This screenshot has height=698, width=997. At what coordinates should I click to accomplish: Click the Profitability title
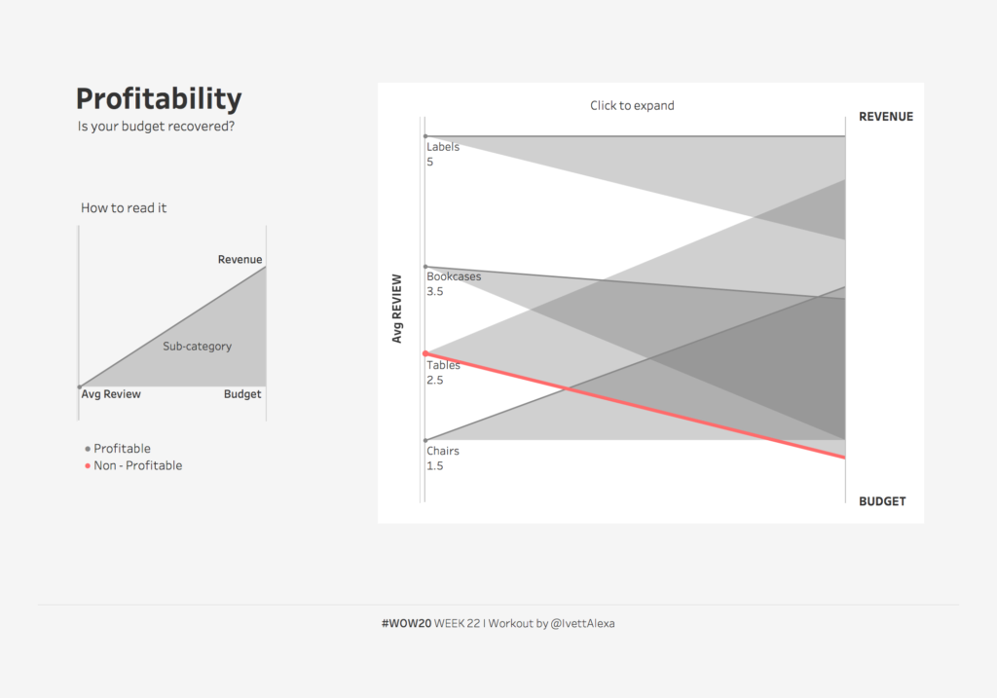(x=159, y=99)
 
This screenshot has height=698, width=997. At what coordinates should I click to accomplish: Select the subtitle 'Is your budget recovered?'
(x=156, y=126)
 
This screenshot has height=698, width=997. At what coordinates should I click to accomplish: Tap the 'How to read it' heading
(x=124, y=207)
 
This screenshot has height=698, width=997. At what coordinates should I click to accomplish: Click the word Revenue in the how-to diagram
(x=240, y=259)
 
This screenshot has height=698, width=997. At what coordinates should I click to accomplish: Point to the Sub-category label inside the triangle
(x=197, y=346)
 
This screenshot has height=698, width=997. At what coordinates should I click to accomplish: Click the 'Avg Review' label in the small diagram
(x=111, y=394)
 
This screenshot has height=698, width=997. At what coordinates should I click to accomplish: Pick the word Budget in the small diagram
(x=242, y=394)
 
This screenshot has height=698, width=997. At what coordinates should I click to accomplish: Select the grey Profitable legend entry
(x=122, y=449)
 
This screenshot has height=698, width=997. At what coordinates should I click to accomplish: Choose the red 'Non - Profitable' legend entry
(x=137, y=465)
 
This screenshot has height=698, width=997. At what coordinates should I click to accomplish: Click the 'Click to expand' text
(x=632, y=105)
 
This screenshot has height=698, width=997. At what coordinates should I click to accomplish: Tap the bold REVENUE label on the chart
(x=886, y=117)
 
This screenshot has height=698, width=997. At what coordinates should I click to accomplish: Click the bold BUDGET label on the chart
(x=882, y=501)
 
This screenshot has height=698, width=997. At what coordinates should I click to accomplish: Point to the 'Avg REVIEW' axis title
(x=397, y=309)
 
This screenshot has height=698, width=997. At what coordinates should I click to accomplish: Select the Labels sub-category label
(x=443, y=147)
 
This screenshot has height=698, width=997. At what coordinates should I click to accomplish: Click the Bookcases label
(x=454, y=276)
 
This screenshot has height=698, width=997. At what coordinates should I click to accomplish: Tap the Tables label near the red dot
(x=443, y=365)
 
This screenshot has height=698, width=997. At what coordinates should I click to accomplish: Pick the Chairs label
(x=443, y=451)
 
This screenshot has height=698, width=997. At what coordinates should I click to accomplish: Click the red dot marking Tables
(x=425, y=352)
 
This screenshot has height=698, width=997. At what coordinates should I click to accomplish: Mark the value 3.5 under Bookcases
(x=435, y=291)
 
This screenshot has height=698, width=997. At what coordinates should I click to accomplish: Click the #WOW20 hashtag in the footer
(x=406, y=623)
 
